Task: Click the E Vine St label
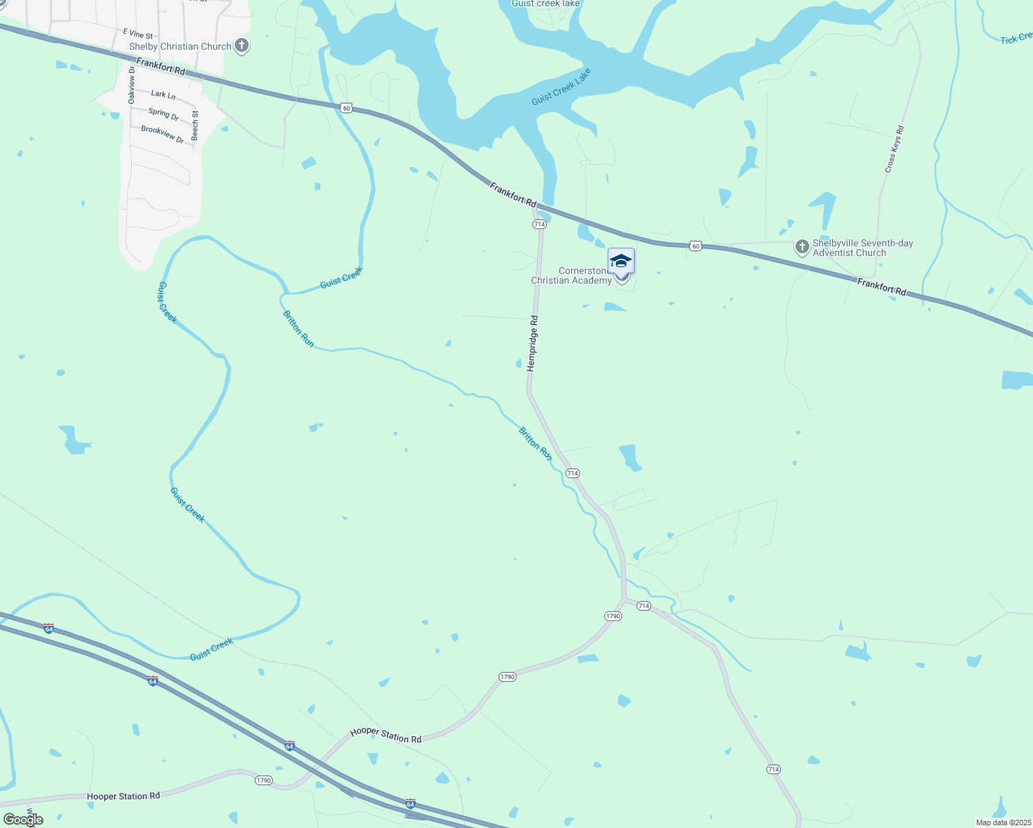[x=137, y=33]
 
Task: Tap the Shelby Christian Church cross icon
[x=241, y=46]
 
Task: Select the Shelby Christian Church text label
[x=180, y=46]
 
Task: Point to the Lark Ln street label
[x=163, y=94]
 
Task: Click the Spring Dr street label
[x=164, y=114]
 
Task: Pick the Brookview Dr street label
[x=163, y=134]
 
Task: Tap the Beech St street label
[x=195, y=126]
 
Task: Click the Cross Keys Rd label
[x=894, y=149]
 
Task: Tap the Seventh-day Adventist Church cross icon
[x=802, y=247]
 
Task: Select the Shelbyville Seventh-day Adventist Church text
[x=862, y=248]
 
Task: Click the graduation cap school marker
[x=621, y=262]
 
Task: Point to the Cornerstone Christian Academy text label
[x=571, y=276]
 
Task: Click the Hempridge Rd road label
[x=532, y=344]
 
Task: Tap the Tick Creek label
[x=1016, y=38]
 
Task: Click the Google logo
[x=23, y=820]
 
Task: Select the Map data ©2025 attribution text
[x=1002, y=822]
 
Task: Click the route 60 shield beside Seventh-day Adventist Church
[x=695, y=246]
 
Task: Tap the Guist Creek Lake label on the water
[x=562, y=87]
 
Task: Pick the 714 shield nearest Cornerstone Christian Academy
[x=539, y=224]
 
